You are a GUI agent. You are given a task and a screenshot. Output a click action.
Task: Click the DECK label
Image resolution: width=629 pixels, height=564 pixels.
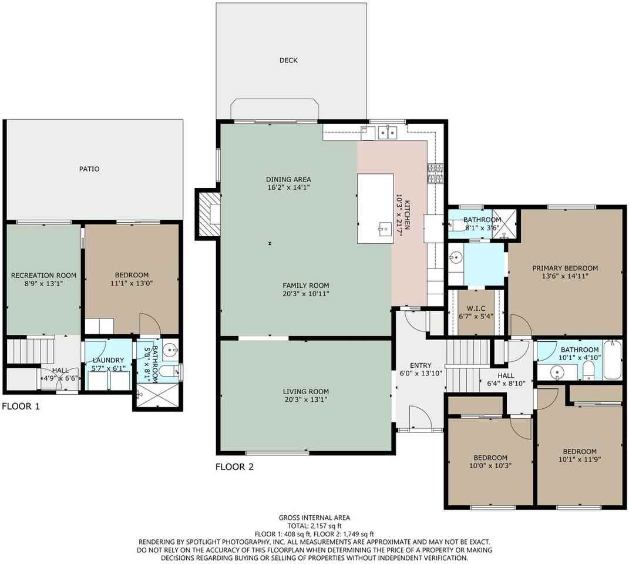[x=288, y=60]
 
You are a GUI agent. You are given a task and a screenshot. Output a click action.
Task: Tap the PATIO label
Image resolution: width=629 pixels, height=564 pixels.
[x=89, y=169]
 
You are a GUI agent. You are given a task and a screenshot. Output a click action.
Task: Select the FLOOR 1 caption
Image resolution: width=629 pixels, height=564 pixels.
[x=21, y=406]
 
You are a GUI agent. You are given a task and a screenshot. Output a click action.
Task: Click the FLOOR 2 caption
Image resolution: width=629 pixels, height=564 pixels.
[x=235, y=467]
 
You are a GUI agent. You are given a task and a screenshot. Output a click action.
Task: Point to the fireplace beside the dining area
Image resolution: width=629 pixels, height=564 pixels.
[x=208, y=213]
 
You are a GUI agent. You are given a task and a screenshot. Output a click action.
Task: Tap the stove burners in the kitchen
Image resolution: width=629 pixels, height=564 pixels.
[x=436, y=173]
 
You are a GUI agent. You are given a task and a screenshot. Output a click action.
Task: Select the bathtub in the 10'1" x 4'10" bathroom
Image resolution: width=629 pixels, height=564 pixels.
[x=612, y=360]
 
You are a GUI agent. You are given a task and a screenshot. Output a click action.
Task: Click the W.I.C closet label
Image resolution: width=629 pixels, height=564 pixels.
[x=476, y=308]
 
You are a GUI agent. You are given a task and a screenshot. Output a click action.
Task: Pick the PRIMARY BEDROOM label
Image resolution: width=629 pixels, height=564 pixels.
[x=565, y=268]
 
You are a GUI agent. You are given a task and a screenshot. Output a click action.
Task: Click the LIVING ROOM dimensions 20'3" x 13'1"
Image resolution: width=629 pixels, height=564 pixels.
[x=305, y=400]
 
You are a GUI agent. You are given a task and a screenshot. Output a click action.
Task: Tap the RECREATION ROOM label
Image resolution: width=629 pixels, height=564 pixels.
[x=43, y=276]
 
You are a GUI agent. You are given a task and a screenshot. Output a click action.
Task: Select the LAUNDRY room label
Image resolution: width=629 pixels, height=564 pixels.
[x=108, y=361]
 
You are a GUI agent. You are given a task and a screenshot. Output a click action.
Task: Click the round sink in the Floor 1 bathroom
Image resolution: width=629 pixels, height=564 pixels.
[x=173, y=350]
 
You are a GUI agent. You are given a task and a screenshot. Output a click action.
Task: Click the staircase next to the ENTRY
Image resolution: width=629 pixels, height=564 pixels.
[x=467, y=365]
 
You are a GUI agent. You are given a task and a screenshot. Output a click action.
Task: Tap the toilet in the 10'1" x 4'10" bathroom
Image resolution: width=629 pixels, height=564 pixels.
[x=588, y=370]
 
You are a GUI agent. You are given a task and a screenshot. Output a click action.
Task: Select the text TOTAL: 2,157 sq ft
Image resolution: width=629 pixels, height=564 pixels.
[x=315, y=526]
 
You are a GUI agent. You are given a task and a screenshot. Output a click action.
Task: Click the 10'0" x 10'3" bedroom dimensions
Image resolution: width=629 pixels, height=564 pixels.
[x=490, y=466]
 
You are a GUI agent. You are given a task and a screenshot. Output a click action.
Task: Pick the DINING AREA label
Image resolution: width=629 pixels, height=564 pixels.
[x=288, y=179]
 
